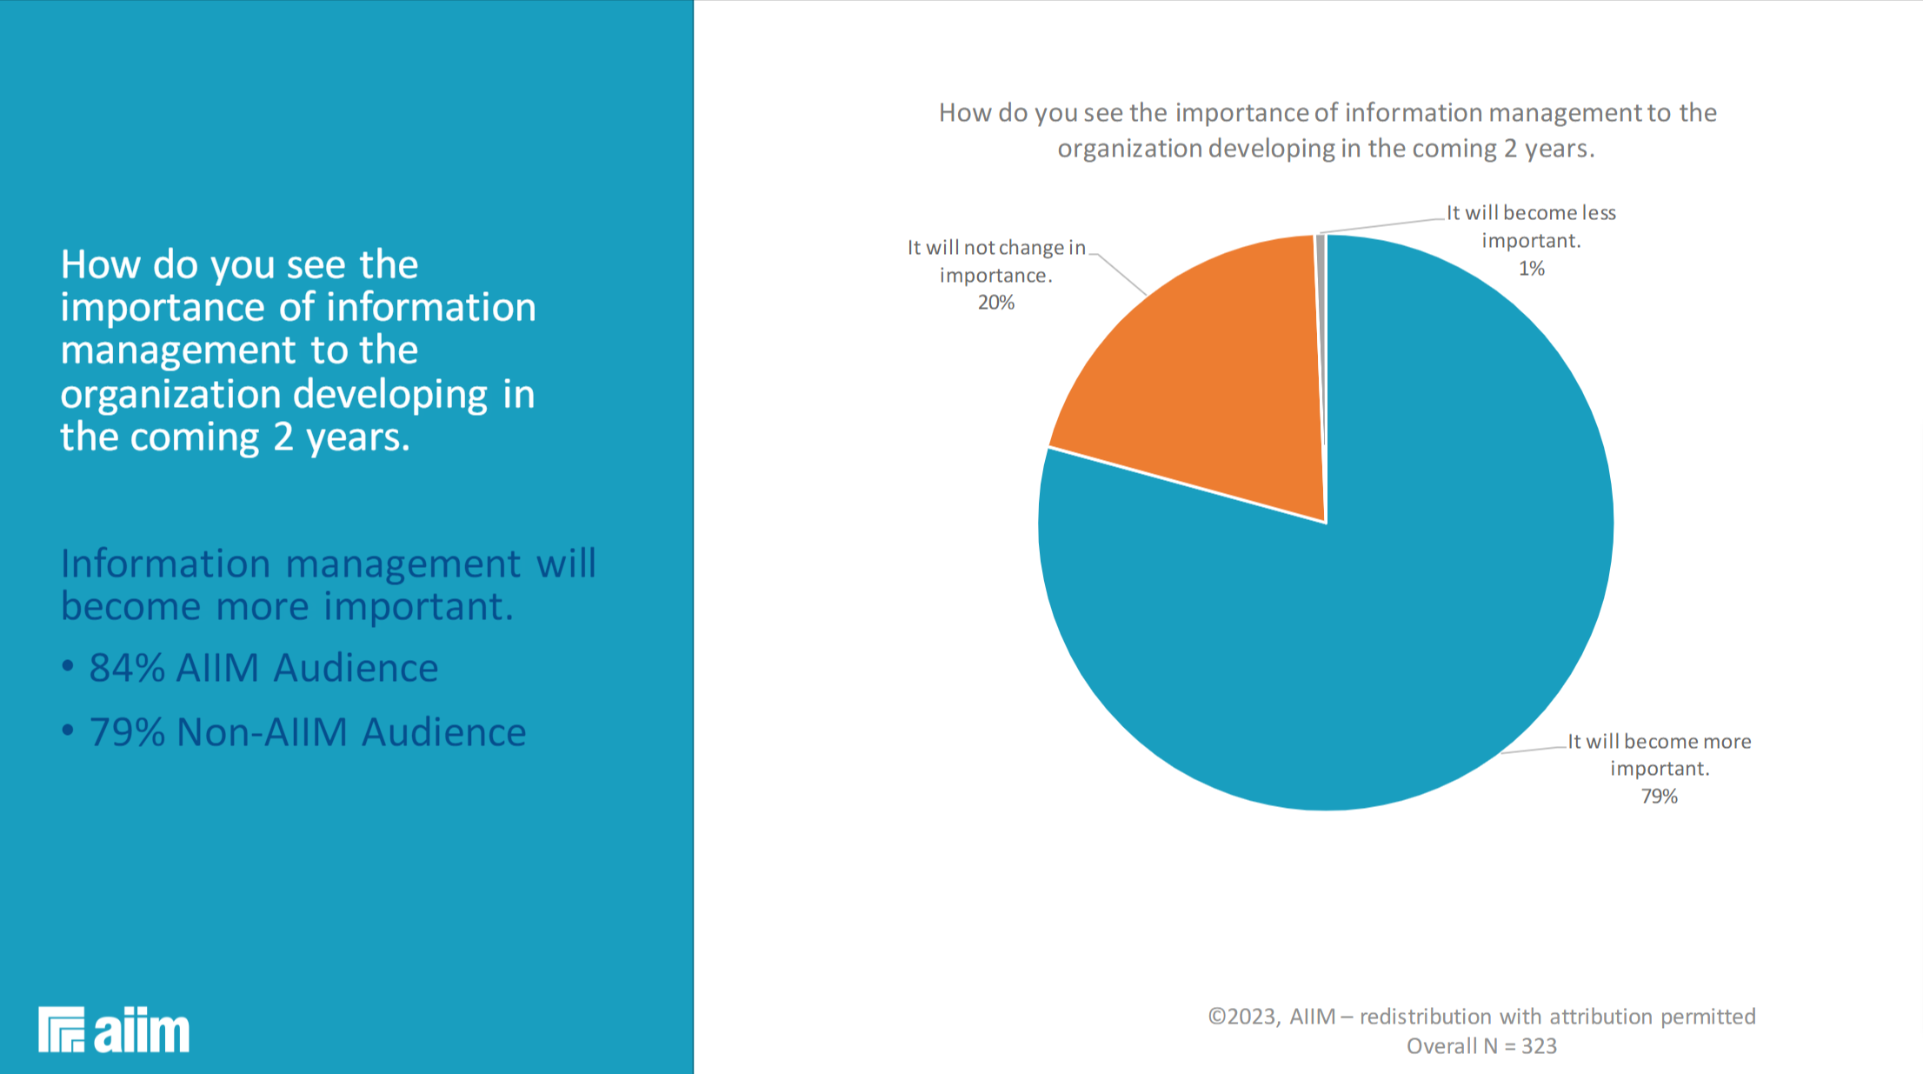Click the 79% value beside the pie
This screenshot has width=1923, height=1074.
pos(1659,797)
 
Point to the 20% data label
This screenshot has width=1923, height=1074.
pos(996,303)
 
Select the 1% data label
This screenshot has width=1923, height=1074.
pos(1531,269)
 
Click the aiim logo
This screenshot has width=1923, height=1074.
pos(114,1031)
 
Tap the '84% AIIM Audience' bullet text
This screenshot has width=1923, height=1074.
pos(263,668)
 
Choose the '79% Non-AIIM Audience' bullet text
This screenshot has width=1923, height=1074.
pos(307,732)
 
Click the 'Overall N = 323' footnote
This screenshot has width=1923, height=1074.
pos(1481,1046)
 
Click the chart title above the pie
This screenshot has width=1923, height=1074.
pos(1327,130)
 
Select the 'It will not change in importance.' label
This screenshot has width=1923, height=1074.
pos(996,261)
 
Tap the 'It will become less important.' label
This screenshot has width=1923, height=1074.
pos(1531,226)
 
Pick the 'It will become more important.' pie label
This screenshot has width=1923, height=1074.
pos(1659,755)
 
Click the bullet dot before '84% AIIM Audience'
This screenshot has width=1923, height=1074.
pos(68,666)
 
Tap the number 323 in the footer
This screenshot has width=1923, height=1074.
pos(1539,1046)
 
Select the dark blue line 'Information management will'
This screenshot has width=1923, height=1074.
pos(328,564)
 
